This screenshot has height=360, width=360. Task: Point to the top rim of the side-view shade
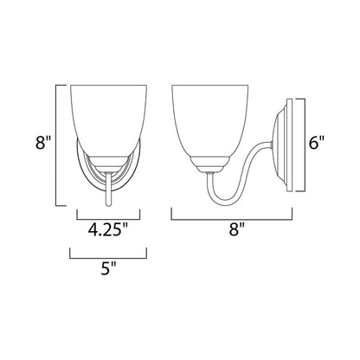(205, 85)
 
